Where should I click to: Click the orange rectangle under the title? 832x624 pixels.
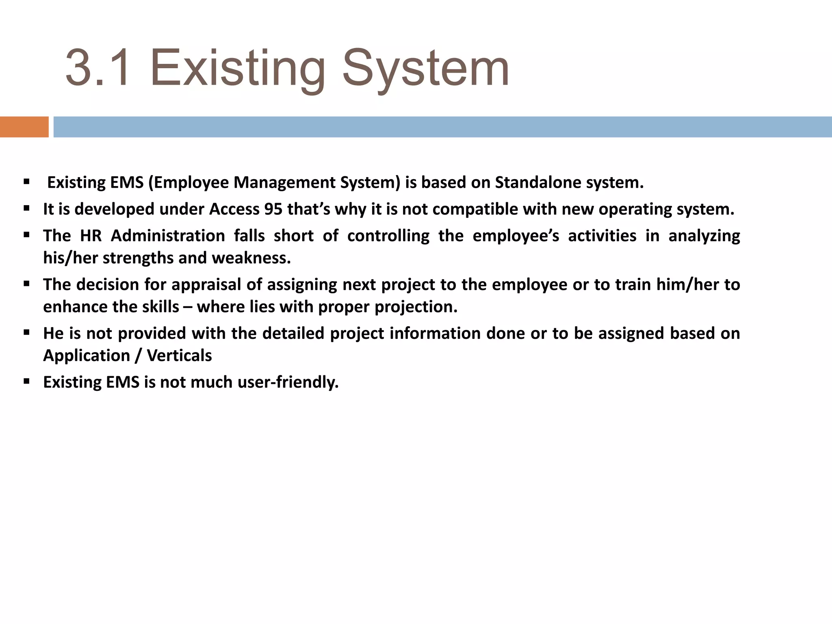click(x=24, y=127)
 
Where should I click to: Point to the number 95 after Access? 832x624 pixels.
click(x=273, y=209)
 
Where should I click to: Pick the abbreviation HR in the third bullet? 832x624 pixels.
click(x=91, y=236)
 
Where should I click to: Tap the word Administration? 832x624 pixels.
click(x=168, y=236)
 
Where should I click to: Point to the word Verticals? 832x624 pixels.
click(x=179, y=355)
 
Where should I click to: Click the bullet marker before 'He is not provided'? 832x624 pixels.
click(x=27, y=333)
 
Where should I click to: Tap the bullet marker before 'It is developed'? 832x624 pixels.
click(x=27, y=209)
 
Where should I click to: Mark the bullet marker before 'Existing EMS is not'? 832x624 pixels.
click(x=27, y=382)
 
